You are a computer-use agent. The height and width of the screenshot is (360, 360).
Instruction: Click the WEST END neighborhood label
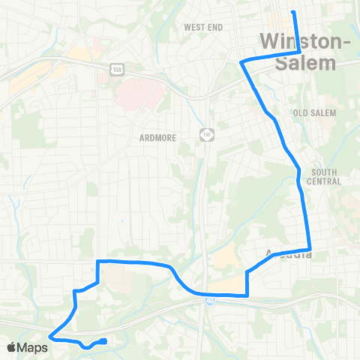204,27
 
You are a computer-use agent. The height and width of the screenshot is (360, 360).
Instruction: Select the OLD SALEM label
314,112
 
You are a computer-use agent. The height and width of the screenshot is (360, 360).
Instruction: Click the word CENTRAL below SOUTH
325,181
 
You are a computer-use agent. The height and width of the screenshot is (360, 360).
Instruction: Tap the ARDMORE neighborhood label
157,137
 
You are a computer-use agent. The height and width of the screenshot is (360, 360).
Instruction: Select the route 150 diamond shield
207,134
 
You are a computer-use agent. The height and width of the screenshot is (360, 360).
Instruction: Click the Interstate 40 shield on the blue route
211,299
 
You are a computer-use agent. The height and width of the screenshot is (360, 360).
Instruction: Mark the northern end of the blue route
293,12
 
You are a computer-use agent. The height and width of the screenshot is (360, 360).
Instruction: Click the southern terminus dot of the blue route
103,341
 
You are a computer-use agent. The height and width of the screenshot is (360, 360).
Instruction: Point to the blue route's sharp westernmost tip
49,337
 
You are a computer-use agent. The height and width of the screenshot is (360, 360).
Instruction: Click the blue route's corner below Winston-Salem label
300,52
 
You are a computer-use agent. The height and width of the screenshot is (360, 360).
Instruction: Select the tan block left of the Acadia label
225,259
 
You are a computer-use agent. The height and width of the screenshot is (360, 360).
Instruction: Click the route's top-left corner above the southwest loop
98,262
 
